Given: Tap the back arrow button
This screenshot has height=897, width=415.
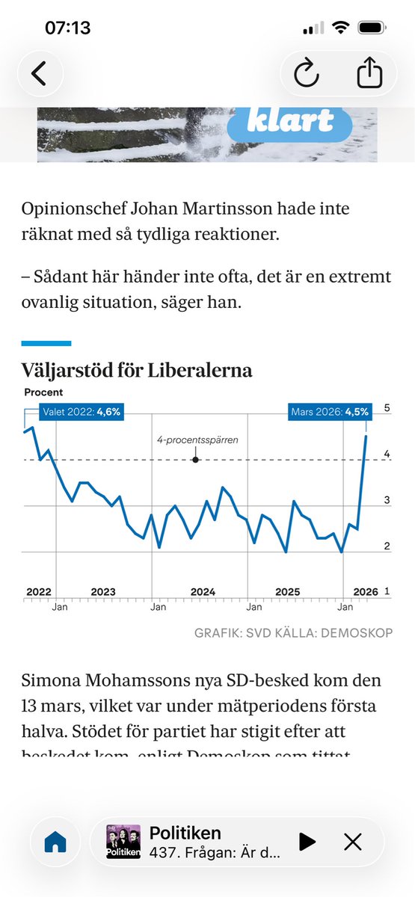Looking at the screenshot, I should pos(38,73).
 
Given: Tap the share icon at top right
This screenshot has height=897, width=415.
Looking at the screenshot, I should pos(369,73).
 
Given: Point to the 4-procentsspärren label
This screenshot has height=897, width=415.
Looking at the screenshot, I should pos(197,440).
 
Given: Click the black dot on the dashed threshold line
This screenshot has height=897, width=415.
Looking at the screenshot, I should pos(195,459).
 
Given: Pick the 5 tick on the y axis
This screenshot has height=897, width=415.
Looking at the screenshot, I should pos(387,408).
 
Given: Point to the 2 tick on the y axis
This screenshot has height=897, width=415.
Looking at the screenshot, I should pos(387,546).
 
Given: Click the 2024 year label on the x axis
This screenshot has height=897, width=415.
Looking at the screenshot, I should pos(203,591).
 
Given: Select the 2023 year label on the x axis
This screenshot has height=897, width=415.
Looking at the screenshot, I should pos(103,591).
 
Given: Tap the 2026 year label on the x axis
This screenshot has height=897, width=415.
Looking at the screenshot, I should pos(365,591).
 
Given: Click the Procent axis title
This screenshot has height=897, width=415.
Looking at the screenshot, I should pos(43,392).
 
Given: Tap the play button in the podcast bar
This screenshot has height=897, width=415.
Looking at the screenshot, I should pos(307,842).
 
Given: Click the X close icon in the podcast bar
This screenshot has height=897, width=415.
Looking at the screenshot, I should pos(353,842).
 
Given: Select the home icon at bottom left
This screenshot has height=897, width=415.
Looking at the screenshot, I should pos(55,842).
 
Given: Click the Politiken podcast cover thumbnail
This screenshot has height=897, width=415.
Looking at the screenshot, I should pos(123,842).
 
